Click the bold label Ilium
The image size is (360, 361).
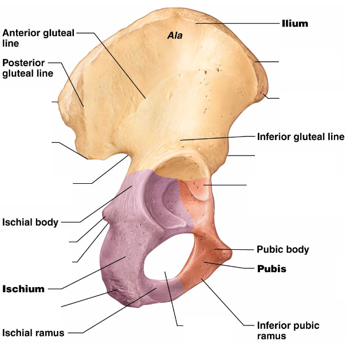pyautogui.click(x=294, y=23)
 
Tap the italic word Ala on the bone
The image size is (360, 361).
pyautogui.click(x=175, y=36)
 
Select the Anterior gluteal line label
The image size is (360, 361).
pyautogui.click(x=38, y=38)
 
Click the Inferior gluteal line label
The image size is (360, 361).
pyautogui.click(x=301, y=137)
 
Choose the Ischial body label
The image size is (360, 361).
pyautogui.click(x=30, y=222)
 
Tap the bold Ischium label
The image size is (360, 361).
pyautogui.click(x=23, y=289)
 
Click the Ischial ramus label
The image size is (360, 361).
pyautogui.click(x=33, y=333)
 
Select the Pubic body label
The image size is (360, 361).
pyautogui.click(x=282, y=249)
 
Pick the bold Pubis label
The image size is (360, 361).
pyautogui.click(x=272, y=269)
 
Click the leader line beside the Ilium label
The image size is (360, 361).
pyautogui.click(x=239, y=23)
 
